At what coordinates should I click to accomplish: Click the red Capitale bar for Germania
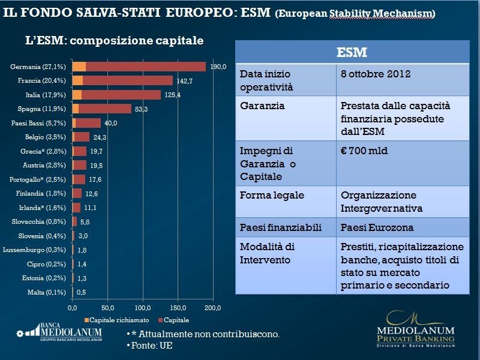pos(145,67)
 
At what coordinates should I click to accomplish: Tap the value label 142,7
pos(184,80)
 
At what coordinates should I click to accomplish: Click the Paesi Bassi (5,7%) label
pos(39,123)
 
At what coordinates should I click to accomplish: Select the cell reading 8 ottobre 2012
pos(376,74)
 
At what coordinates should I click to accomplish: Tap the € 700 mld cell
pos(364,151)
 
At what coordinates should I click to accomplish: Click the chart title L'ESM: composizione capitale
pos(114,41)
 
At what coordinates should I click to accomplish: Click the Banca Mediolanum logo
pos(59,332)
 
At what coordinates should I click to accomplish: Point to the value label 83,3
pos(142,109)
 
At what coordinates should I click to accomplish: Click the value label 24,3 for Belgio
pos(100,137)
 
